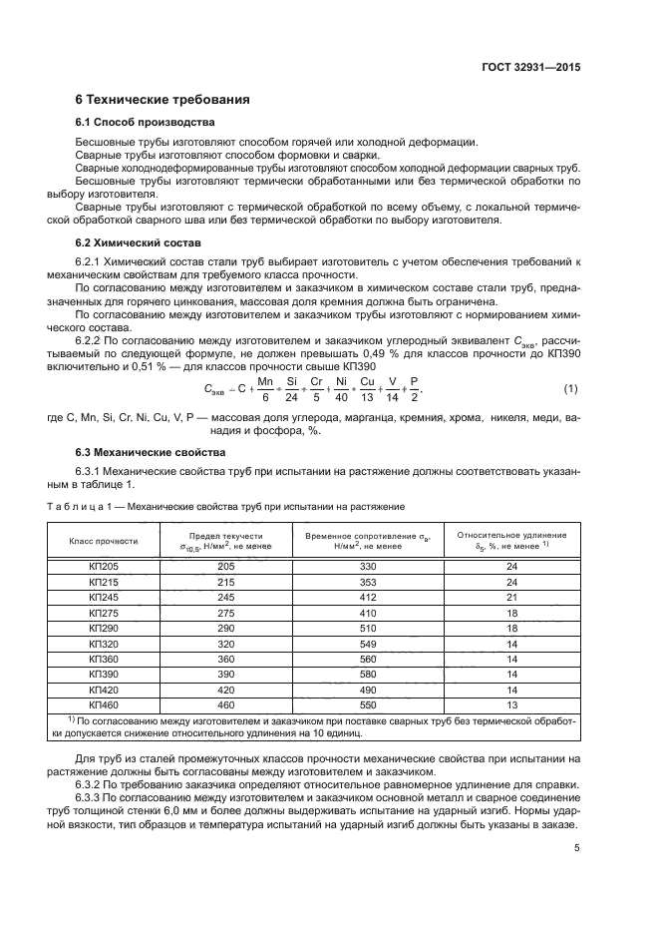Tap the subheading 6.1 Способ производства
click(x=145, y=123)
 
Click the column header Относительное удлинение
click(x=511, y=541)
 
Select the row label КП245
click(x=103, y=597)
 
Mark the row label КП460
click(x=103, y=703)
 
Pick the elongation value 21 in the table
click(x=511, y=597)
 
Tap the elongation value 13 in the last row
click(x=511, y=703)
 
